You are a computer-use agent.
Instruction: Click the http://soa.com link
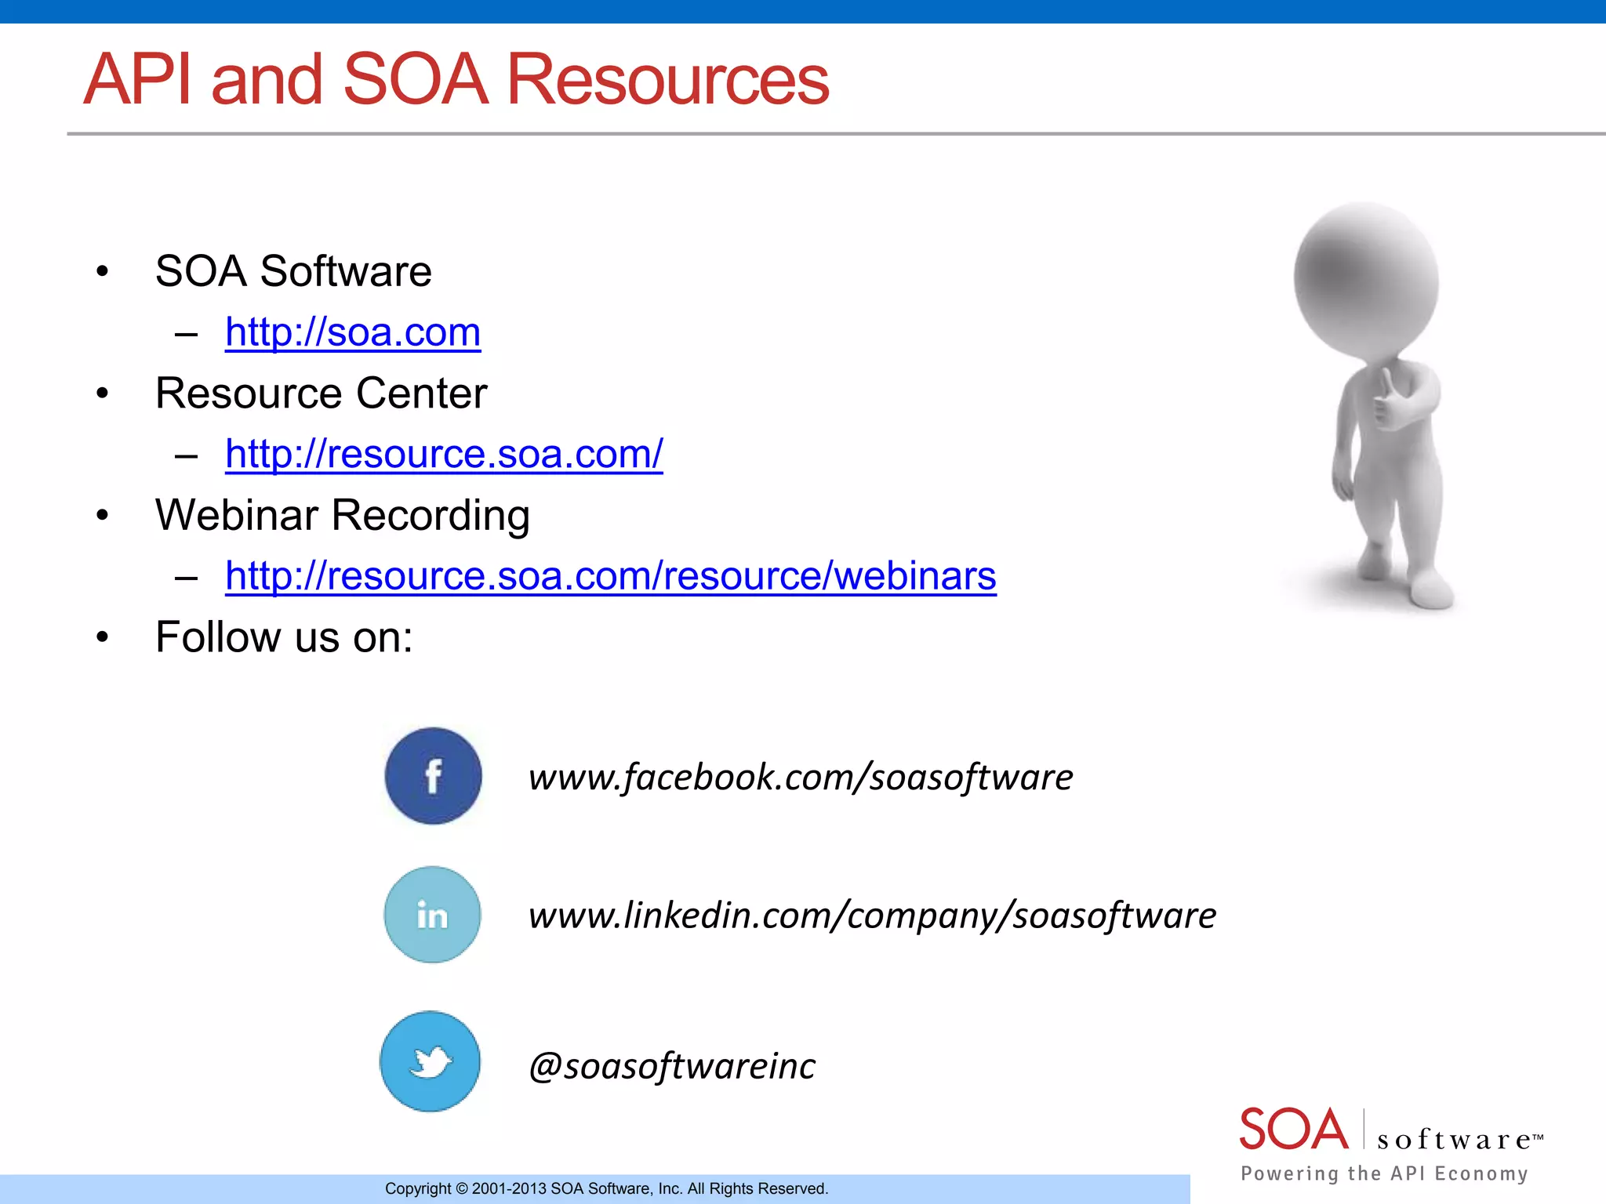[x=353, y=332]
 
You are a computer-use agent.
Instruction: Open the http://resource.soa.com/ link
[x=444, y=454]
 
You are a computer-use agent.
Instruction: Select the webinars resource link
[x=610, y=576]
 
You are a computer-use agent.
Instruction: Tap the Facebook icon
[x=433, y=776]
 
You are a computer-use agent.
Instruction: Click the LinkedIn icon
[x=432, y=915]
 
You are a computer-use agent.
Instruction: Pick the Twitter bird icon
[x=431, y=1061]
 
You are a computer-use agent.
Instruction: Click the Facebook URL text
[x=800, y=777]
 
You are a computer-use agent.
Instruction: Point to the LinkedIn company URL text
[x=872, y=916]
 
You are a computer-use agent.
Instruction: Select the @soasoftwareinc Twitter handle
[x=672, y=1066]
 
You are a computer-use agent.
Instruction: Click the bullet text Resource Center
[x=321, y=393]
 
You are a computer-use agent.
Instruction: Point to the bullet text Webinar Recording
[x=342, y=515]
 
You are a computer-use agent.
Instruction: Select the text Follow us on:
[x=284, y=636]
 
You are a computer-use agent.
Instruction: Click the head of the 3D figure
[x=1366, y=274]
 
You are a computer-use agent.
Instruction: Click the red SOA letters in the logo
[x=1293, y=1129]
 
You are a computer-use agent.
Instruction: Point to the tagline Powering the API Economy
[x=1384, y=1173]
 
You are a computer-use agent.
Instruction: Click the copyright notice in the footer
[x=606, y=1188]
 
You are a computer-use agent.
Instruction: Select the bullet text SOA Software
[x=293, y=271]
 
